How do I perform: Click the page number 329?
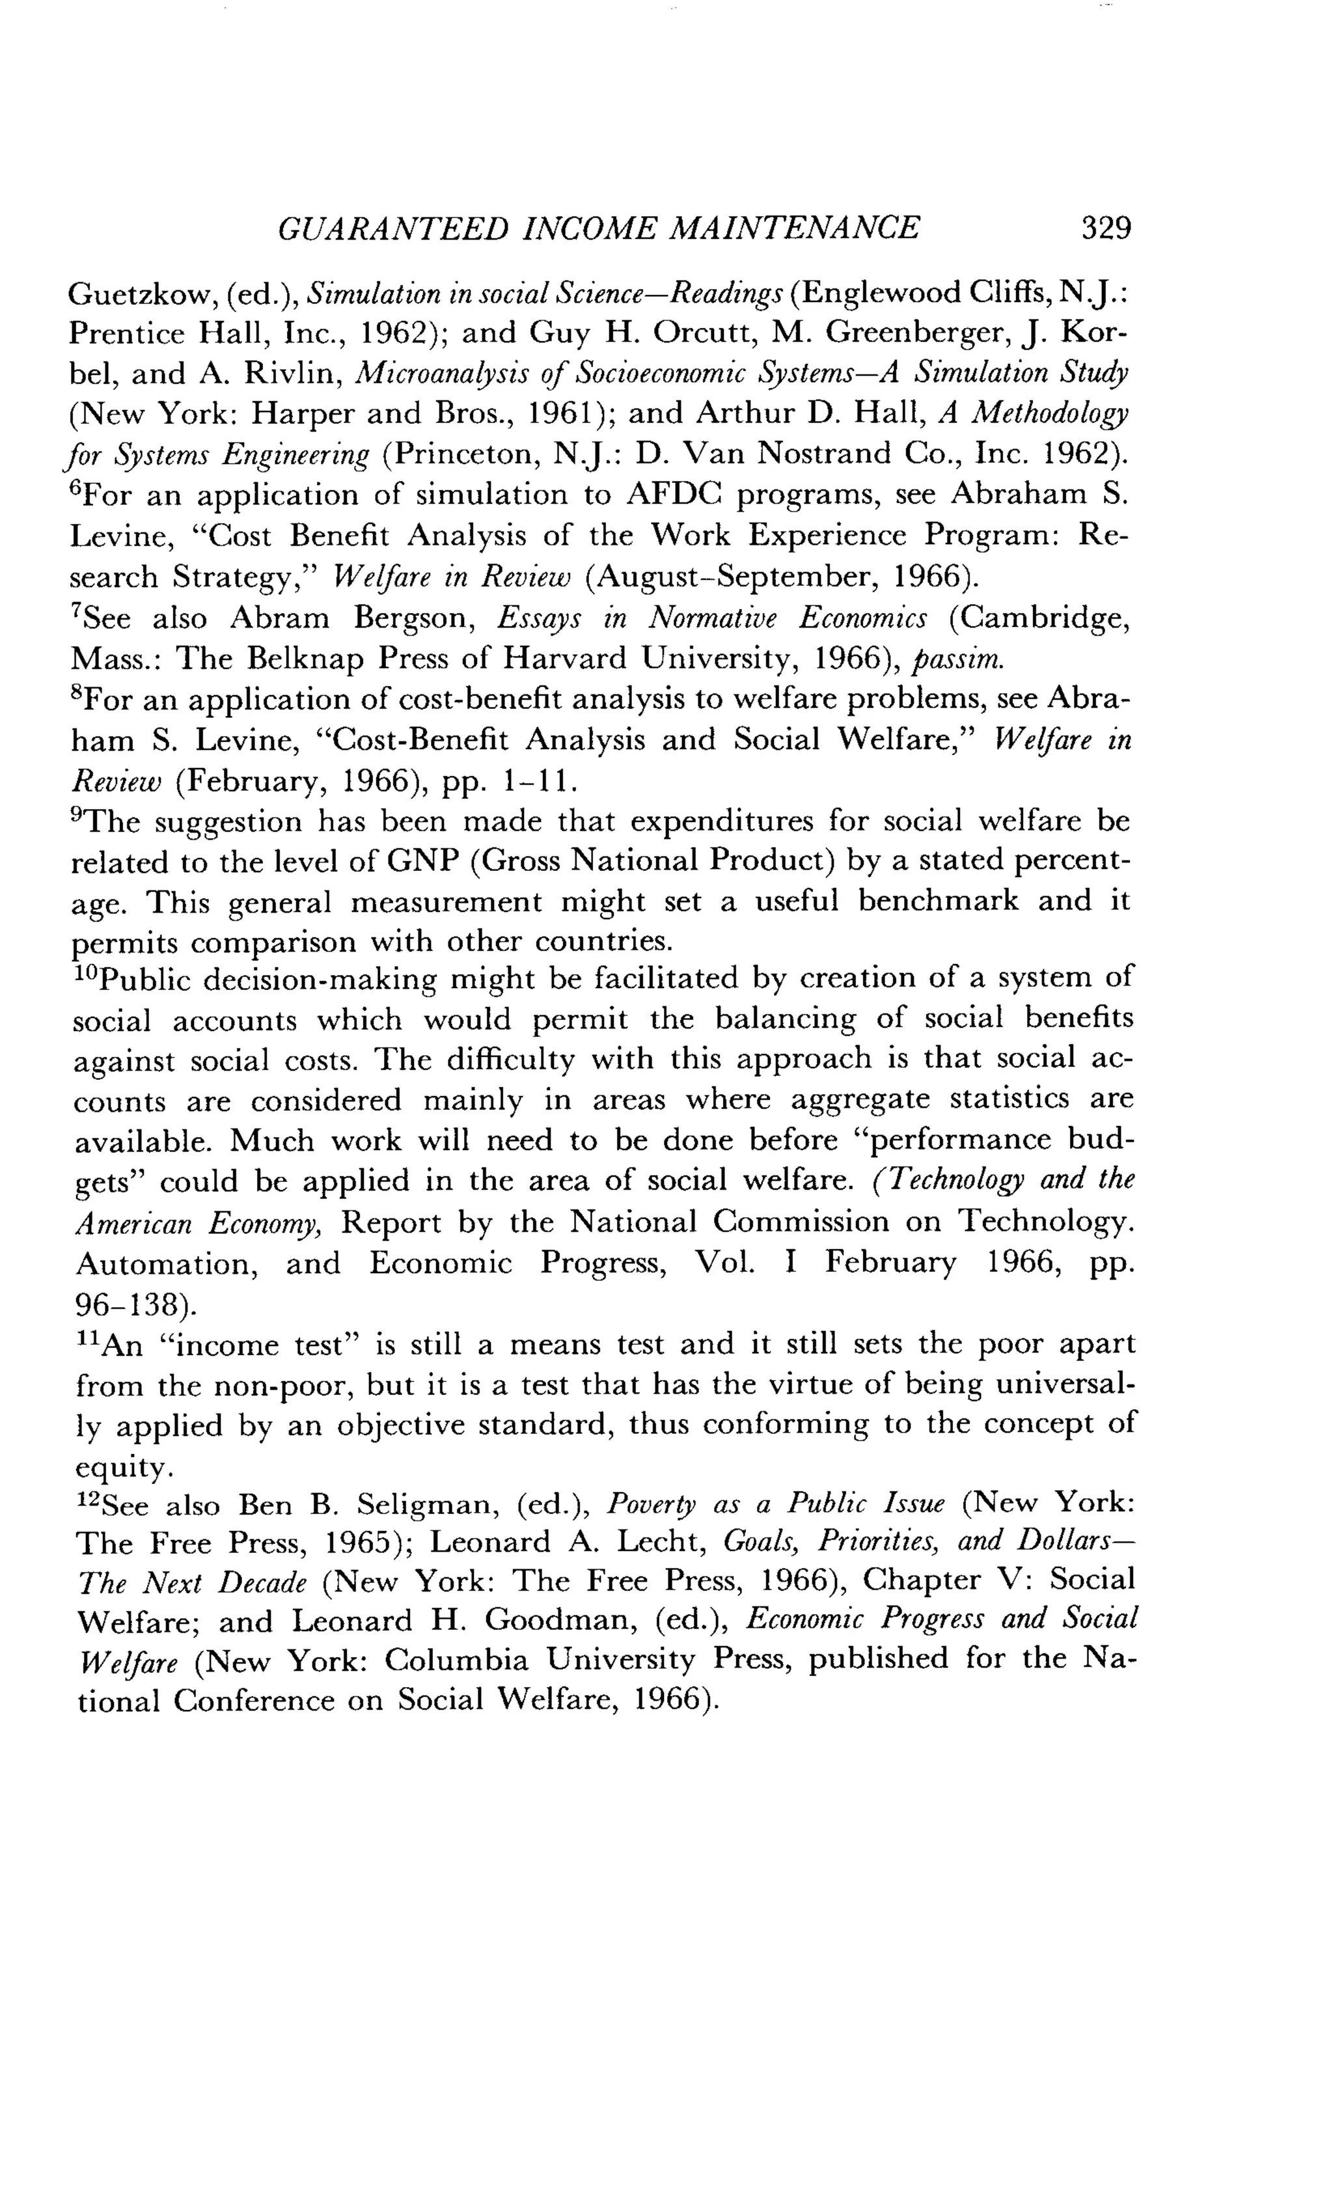[x=1106, y=229]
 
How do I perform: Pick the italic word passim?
[x=959, y=659]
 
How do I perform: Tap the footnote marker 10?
[x=86, y=974]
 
